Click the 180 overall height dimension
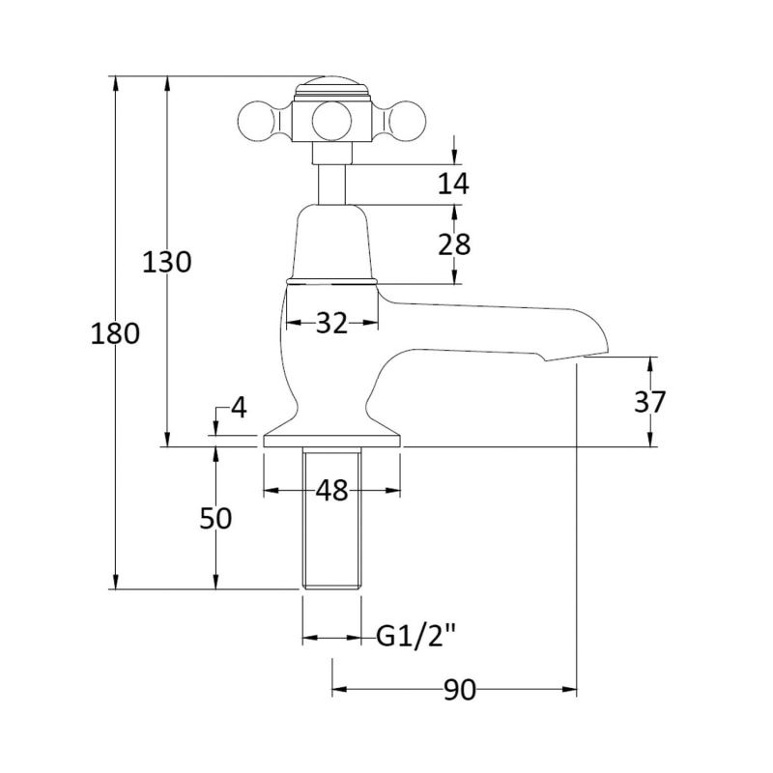coord(115,333)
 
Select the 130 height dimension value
coord(166,262)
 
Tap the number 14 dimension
coord(453,184)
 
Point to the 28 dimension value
coord(454,244)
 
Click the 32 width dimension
coord(331,323)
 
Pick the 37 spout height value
coord(649,402)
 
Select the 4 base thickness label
coord(239,408)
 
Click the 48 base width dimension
coord(331,491)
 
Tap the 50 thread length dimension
coord(215,519)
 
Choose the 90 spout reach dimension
coord(460,690)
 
